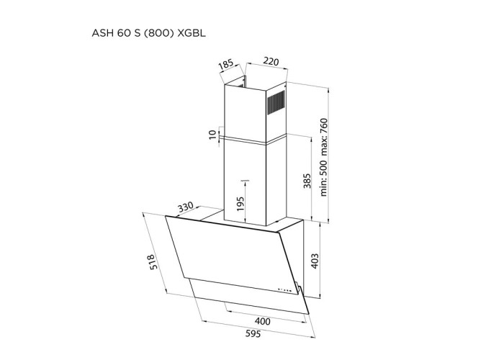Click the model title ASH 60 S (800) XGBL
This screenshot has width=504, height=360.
[x=148, y=33]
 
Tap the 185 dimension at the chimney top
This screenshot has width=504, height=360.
[x=226, y=63]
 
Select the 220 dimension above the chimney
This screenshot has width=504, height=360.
[x=271, y=61]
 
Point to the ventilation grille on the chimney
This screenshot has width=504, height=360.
[x=276, y=102]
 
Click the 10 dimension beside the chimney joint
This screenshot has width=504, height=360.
[x=213, y=135]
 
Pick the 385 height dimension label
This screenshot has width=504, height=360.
[x=307, y=181]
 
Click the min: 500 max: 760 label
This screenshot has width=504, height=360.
[x=323, y=157]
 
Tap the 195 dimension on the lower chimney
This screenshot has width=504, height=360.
[x=240, y=204]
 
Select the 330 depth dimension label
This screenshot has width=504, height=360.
[x=186, y=207]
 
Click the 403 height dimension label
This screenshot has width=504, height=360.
[x=315, y=261]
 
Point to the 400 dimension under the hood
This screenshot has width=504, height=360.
[x=262, y=321]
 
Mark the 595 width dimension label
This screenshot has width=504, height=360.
[x=253, y=334]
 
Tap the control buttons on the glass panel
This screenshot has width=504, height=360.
[x=285, y=289]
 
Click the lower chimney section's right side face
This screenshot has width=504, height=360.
[x=276, y=181]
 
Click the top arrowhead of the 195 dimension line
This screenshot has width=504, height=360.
[x=246, y=182]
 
